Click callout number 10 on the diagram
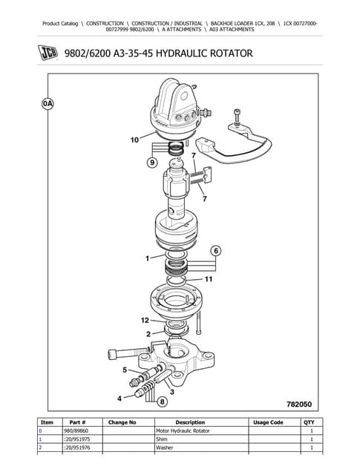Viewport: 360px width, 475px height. pyautogui.click(x=134, y=139)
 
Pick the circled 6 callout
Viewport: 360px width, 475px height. pyautogui.click(x=216, y=251)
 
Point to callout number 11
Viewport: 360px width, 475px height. pyautogui.click(x=209, y=279)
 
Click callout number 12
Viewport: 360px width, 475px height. pyautogui.click(x=145, y=320)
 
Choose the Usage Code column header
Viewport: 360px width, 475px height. pyautogui.click(x=267, y=422)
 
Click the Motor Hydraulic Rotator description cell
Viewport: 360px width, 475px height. pyautogui.click(x=183, y=431)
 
